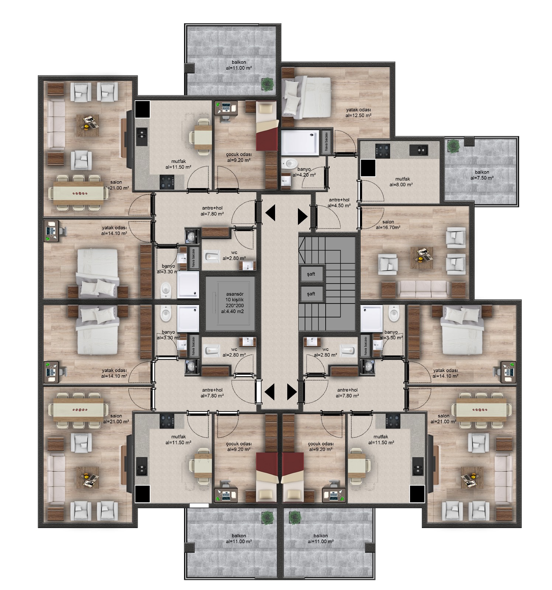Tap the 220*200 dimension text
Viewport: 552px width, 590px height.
(x=235, y=305)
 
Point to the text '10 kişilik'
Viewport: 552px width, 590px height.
(x=235, y=300)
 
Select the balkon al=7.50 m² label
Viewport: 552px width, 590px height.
(x=482, y=175)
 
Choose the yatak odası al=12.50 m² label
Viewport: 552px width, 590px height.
(x=358, y=112)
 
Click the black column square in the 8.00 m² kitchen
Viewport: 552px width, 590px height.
(x=368, y=168)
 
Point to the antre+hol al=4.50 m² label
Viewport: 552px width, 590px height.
(x=339, y=203)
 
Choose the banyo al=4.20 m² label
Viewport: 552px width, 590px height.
(x=304, y=172)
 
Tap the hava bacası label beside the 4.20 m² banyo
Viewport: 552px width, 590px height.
(x=326, y=141)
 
